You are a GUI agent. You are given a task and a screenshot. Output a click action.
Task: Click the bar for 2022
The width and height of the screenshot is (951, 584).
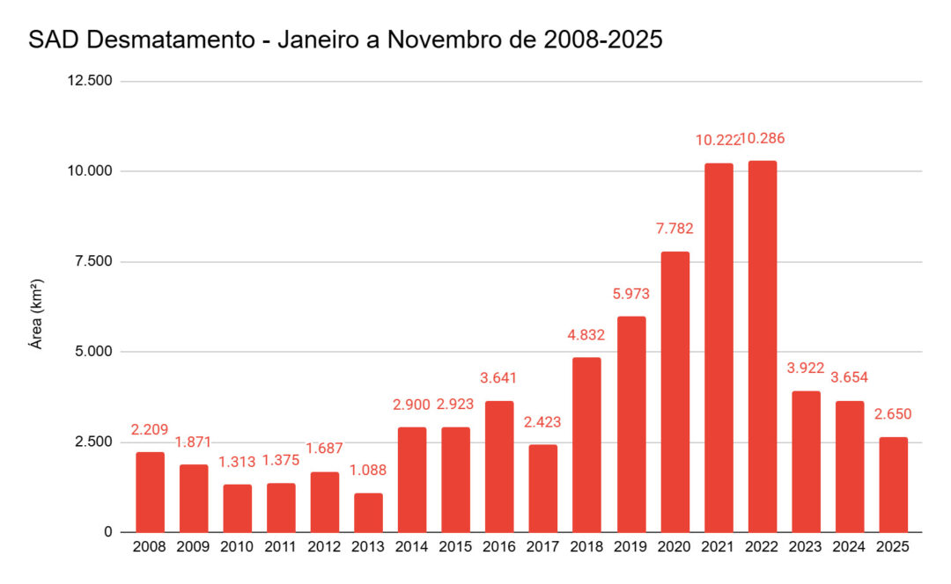(x=762, y=347)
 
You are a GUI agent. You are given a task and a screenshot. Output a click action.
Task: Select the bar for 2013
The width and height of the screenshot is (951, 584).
(x=368, y=513)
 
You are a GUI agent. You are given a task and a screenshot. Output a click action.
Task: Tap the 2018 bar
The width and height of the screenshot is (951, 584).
(x=586, y=444)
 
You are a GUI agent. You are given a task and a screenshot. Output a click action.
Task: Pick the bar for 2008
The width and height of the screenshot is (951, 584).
(x=150, y=492)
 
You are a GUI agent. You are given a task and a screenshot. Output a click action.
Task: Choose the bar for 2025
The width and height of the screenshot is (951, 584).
(x=893, y=485)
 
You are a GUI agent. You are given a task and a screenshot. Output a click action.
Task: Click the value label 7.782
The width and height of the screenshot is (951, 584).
(x=675, y=229)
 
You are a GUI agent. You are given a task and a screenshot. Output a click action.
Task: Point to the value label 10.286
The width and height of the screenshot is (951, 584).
(x=763, y=139)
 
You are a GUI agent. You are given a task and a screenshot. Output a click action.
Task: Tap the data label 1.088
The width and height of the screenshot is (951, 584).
(x=368, y=471)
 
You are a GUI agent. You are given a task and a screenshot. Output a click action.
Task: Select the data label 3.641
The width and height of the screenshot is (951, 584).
(x=499, y=378)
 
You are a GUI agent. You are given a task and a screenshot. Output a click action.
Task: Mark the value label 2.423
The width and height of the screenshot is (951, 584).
(x=542, y=422)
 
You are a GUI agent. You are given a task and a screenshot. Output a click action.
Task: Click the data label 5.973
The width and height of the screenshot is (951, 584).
(x=630, y=294)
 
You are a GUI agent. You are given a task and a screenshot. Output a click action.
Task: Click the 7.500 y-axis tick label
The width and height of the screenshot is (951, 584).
(x=93, y=261)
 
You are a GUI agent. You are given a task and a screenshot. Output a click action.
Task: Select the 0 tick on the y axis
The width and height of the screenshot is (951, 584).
(x=109, y=532)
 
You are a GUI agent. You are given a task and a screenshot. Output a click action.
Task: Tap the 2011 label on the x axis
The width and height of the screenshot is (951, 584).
(x=281, y=547)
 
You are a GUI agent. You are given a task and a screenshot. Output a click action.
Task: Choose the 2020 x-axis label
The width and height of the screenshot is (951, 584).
(x=675, y=547)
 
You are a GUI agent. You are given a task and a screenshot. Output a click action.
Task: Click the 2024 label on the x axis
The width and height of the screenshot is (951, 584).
(x=850, y=547)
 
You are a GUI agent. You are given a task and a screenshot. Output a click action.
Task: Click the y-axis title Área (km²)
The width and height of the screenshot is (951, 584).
(x=37, y=314)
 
